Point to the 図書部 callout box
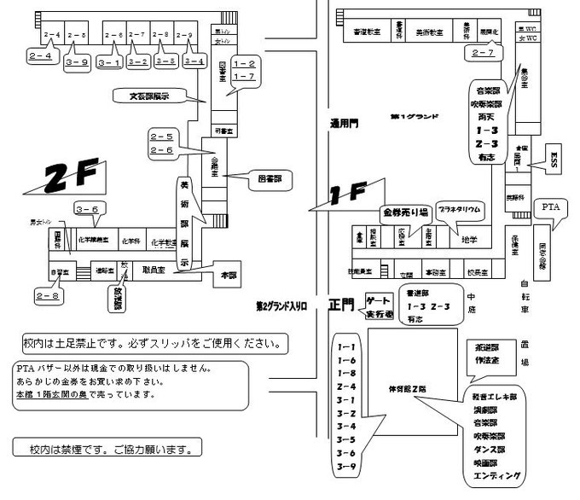[270, 180]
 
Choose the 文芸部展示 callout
[148, 96]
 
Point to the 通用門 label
[344, 124]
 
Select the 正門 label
[341, 305]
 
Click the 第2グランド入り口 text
[286, 304]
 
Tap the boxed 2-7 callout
[482, 53]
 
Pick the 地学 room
[468, 241]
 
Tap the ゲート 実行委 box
[378, 307]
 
